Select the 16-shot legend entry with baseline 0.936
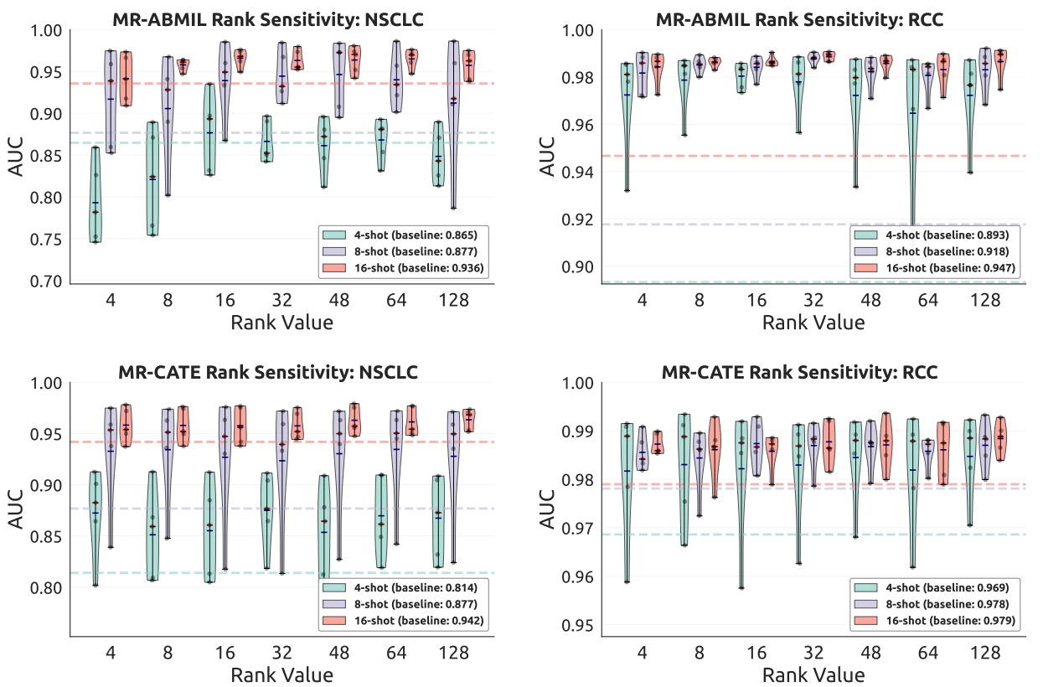coord(400,267)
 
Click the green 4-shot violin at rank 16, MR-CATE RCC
coord(741,503)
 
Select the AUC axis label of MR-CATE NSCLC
coord(16,509)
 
